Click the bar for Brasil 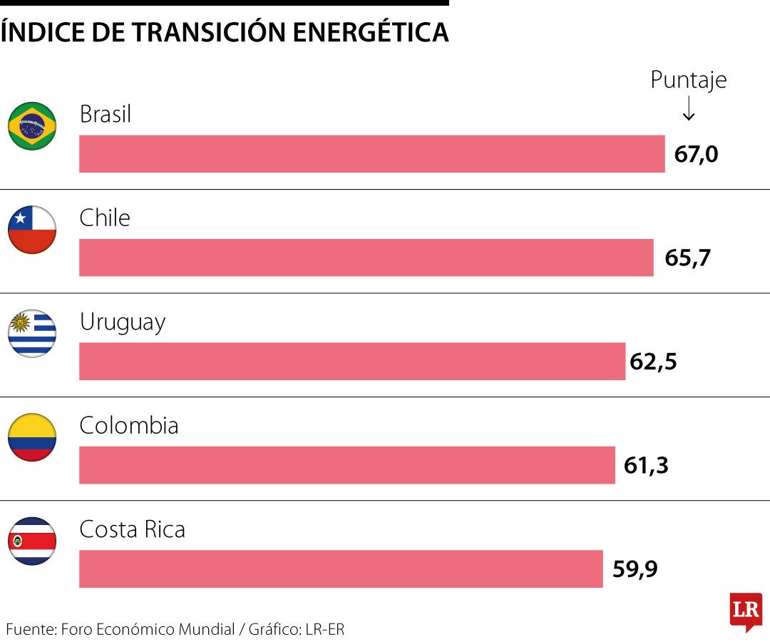point(371,154)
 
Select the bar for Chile point(366,258)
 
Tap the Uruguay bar point(351,361)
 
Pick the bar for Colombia point(346,465)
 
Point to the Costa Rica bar point(341,569)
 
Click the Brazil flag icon point(32,126)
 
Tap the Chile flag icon point(32,230)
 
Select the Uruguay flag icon point(32,333)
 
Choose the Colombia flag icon point(32,437)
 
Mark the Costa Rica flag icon point(32,541)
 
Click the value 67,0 point(696,154)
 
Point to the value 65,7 point(687,258)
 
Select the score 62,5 point(653,362)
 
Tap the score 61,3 point(646,465)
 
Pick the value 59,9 point(635,569)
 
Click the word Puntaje point(688,80)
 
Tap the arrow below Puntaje point(688,108)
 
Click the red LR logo point(746,611)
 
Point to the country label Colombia point(129,426)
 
